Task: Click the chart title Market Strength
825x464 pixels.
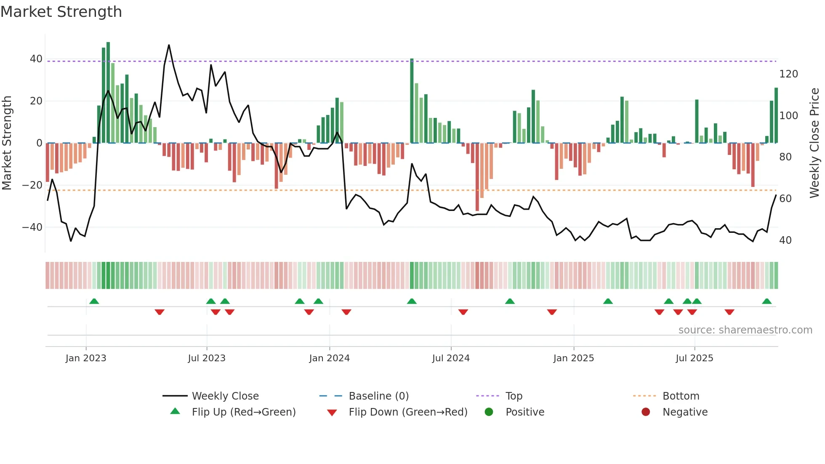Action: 61,12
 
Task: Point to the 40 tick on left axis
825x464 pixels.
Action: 36,59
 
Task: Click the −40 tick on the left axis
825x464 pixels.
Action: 33,227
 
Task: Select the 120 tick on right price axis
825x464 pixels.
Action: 788,74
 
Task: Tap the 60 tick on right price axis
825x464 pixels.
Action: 785,199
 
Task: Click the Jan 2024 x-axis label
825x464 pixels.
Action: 329,358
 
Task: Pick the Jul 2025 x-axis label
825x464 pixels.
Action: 694,358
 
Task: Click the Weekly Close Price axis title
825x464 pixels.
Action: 814,143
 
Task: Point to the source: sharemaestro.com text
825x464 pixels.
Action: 745,330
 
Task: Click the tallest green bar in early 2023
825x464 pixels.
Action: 108,93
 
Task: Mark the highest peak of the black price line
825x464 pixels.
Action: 169,45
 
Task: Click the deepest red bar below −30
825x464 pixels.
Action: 477,177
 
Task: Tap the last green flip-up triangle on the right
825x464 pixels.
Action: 766,301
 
